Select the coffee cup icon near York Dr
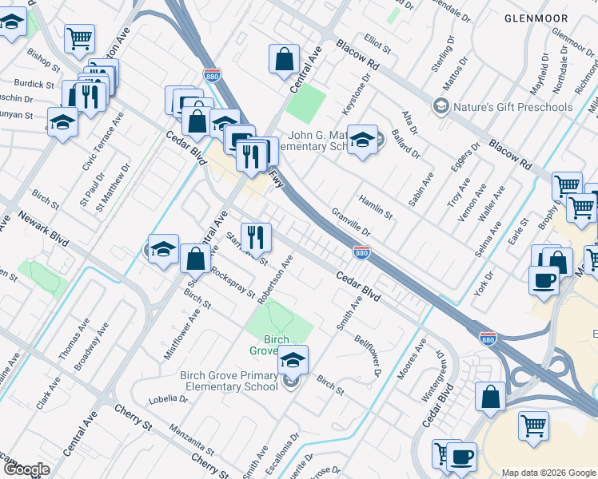pos(544,280)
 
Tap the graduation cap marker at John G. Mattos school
pos(362,141)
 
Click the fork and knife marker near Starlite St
pos(256,236)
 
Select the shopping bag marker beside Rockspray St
pos(195,259)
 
